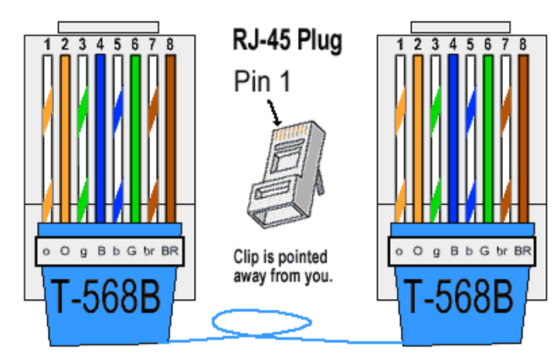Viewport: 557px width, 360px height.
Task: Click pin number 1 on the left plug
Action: tap(47, 45)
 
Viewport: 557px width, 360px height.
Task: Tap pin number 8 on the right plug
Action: tap(523, 45)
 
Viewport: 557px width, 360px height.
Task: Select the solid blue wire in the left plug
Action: tap(100, 138)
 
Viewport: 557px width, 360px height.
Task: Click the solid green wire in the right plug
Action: tap(488, 138)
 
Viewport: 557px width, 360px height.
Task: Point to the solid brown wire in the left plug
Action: tap(171, 138)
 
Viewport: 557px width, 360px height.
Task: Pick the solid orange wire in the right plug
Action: tap(418, 138)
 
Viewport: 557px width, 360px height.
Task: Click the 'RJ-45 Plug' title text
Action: tap(287, 41)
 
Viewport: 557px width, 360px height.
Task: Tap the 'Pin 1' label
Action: tap(263, 81)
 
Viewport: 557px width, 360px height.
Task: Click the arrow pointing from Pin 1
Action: tap(274, 113)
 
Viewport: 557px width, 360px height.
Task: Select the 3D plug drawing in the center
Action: tap(287, 174)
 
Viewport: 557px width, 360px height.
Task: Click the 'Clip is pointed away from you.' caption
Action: tap(283, 267)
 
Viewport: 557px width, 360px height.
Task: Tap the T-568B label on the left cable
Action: tap(106, 297)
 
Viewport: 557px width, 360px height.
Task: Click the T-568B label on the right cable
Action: tap(458, 297)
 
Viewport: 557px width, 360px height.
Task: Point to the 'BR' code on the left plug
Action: tap(170, 251)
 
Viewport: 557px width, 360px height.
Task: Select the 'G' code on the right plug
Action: tap(484, 251)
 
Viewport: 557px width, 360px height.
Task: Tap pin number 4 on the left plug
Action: tap(100, 45)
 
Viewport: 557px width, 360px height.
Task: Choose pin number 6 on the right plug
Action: tap(487, 45)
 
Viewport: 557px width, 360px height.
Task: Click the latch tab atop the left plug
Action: tap(108, 27)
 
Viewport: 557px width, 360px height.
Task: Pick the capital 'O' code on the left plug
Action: tap(65, 251)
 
